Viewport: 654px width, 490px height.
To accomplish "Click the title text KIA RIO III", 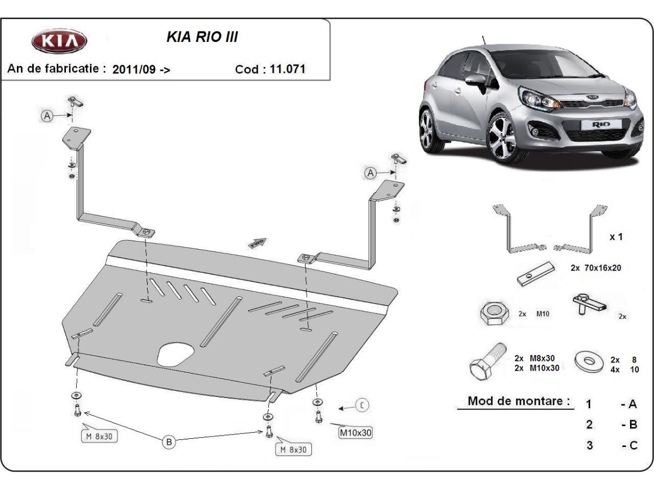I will [x=202, y=38].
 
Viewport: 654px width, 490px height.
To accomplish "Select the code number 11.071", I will [x=287, y=69].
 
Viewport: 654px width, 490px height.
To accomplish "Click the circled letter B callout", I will [x=169, y=442].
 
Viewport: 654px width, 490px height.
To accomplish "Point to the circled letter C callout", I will [x=362, y=405].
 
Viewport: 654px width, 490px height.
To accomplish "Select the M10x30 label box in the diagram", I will [x=355, y=433].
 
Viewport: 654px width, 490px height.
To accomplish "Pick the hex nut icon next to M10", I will [x=494, y=314].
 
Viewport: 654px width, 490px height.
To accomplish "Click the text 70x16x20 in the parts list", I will [x=602, y=268].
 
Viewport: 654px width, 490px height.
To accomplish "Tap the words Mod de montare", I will [x=519, y=402].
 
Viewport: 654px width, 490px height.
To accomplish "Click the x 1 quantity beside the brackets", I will [x=615, y=237].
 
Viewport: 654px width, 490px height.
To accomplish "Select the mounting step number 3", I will [x=589, y=445].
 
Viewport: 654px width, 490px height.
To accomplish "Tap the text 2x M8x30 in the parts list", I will [x=534, y=358].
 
